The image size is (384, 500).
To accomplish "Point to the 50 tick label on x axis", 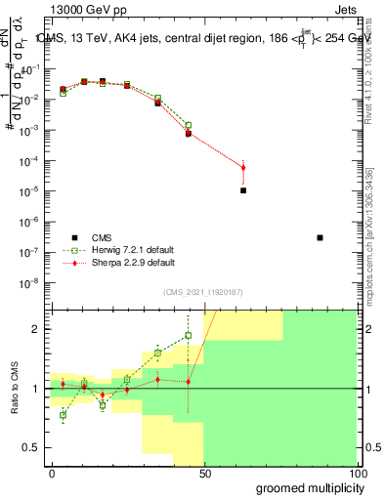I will click(204, 474).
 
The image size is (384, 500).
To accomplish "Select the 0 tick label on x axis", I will click(52, 474).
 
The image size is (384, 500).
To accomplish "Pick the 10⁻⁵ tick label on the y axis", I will click(29, 190).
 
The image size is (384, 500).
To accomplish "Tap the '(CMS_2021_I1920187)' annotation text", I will click(202, 292).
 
